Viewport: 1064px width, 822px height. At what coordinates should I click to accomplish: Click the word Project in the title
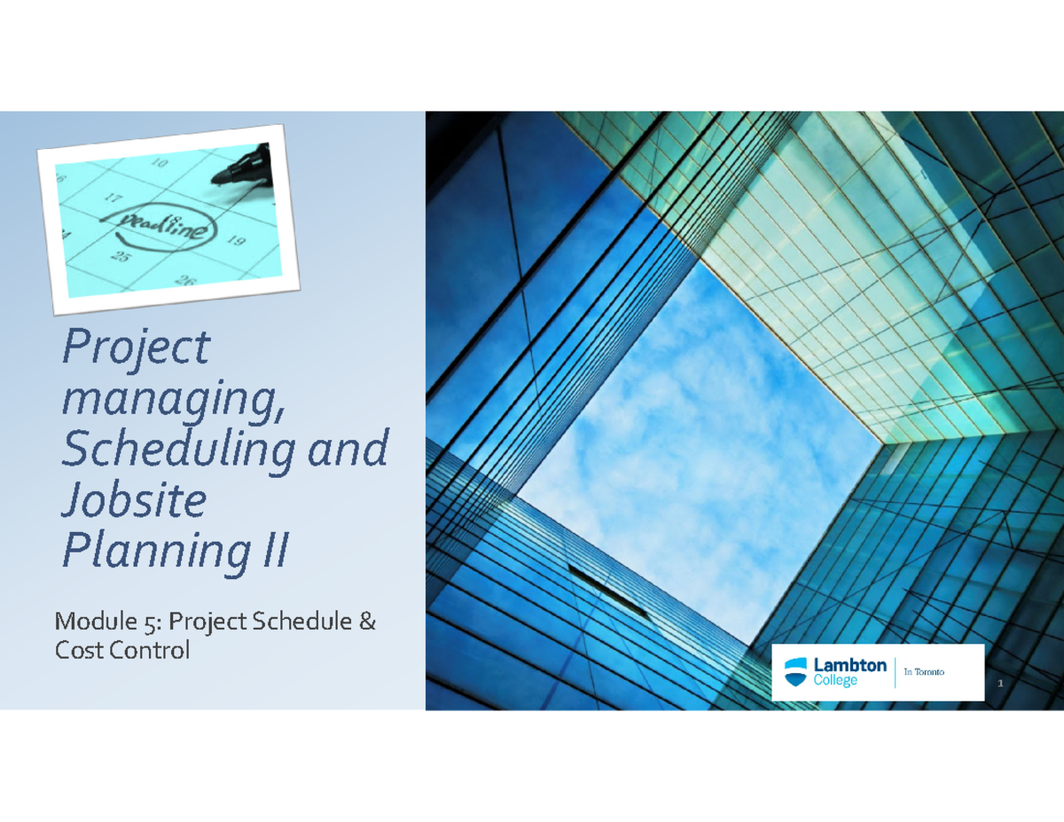pyautogui.click(x=136, y=348)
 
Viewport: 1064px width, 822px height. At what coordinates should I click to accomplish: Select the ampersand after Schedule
pyautogui.click(x=367, y=622)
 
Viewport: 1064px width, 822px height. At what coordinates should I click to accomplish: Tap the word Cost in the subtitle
pyautogui.click(x=79, y=650)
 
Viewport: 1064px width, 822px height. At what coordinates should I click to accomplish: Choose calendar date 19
pyautogui.click(x=235, y=240)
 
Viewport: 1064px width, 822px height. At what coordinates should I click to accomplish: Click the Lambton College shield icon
pyautogui.click(x=796, y=671)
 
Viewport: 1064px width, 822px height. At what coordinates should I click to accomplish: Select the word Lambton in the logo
pyautogui.click(x=849, y=665)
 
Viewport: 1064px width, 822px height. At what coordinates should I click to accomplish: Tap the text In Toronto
pyautogui.click(x=924, y=672)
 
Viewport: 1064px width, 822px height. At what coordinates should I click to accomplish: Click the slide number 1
pyautogui.click(x=999, y=685)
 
